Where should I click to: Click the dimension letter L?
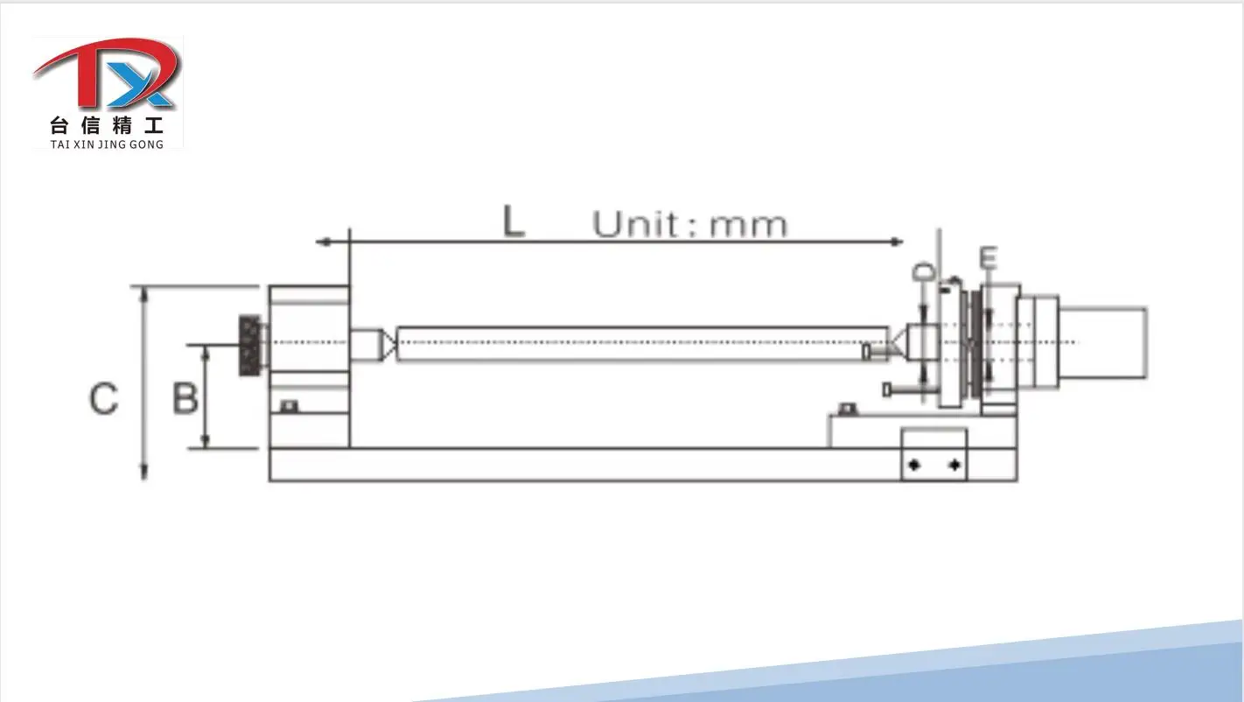coord(514,221)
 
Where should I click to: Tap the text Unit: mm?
coord(690,225)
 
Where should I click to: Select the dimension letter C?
coord(104,398)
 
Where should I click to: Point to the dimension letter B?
coord(185,398)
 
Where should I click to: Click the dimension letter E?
coord(988,258)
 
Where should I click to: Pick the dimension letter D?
coord(924,272)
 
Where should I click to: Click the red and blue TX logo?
coord(108,73)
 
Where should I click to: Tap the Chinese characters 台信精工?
coord(107,126)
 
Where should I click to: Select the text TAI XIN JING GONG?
coord(107,144)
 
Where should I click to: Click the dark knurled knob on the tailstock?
coord(250,346)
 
